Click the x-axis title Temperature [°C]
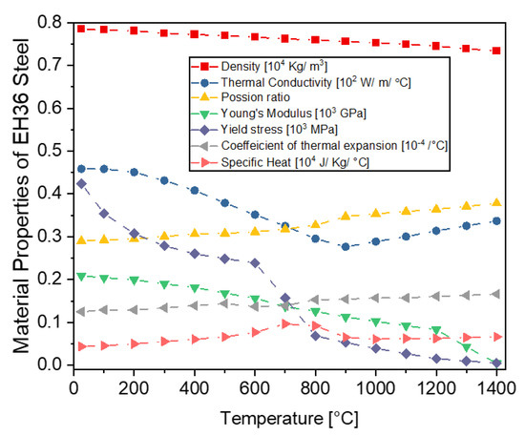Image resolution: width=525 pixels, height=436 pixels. tap(284, 416)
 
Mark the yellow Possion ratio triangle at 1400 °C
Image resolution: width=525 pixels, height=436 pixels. tap(495, 202)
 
